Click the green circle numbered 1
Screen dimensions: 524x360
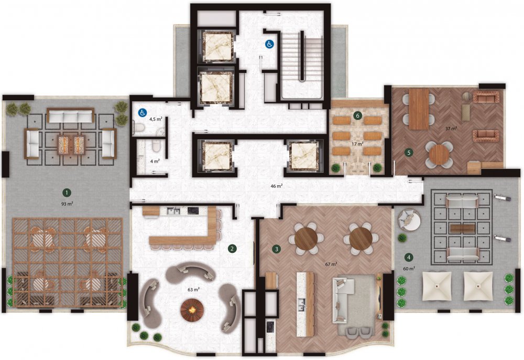(67, 193)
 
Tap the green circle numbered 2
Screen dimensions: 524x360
(232, 249)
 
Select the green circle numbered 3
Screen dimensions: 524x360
(276, 249)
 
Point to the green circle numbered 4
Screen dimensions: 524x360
(408, 257)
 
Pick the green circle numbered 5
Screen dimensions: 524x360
(408, 153)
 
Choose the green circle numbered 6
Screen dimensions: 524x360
(357, 116)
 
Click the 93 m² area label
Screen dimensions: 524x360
(67, 204)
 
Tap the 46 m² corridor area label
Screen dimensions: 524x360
(277, 186)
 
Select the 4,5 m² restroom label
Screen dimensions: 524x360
(156, 119)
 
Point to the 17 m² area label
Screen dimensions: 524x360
(357, 144)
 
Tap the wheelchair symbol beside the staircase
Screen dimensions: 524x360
(269, 44)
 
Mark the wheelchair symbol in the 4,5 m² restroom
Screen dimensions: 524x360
(143, 113)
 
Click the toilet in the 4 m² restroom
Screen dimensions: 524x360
(156, 145)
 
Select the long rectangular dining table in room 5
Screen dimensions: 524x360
(419, 109)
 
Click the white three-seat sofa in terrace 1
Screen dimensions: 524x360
(71, 116)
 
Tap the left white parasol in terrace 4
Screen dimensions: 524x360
(438, 286)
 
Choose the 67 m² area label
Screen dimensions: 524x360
(331, 264)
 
